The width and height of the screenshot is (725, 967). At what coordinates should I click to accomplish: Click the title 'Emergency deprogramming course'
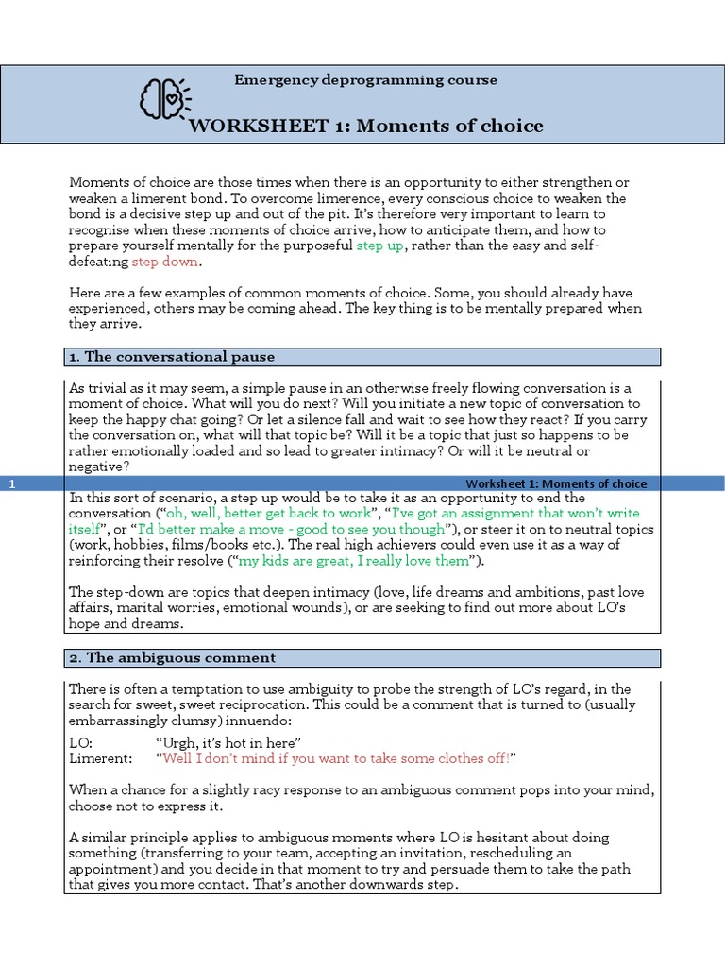(x=365, y=80)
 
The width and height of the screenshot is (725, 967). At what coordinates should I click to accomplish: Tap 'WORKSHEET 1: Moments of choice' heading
(x=366, y=126)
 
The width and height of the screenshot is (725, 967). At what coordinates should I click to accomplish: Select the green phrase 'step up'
(x=380, y=246)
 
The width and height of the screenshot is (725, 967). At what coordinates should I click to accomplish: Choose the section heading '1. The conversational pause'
(x=172, y=357)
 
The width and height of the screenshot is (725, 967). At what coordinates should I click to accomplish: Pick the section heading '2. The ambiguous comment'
(x=172, y=657)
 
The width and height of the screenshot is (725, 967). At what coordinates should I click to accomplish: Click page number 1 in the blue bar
(x=12, y=483)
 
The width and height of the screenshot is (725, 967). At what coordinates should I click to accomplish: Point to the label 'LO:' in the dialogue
(x=81, y=743)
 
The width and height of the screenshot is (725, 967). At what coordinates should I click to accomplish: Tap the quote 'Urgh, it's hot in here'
(x=232, y=743)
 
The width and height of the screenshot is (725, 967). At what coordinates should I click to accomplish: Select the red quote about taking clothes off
(x=337, y=759)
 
